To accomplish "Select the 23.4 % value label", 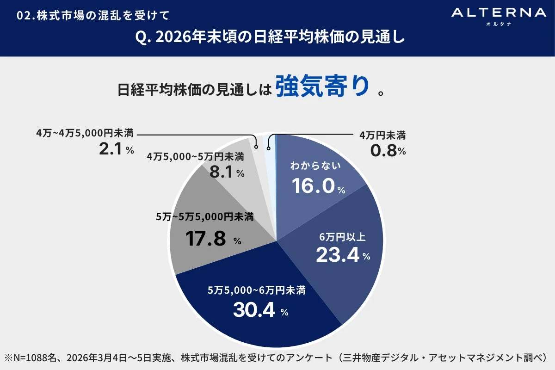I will [343, 254].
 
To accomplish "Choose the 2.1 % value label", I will [116, 149].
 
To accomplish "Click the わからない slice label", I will [315, 166].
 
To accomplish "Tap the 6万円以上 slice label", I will [343, 237].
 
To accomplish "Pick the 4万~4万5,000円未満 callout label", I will [85, 134].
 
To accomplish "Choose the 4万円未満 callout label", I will [382, 136].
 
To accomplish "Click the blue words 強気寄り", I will [323, 86].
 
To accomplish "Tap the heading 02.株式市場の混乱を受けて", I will [92, 15].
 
